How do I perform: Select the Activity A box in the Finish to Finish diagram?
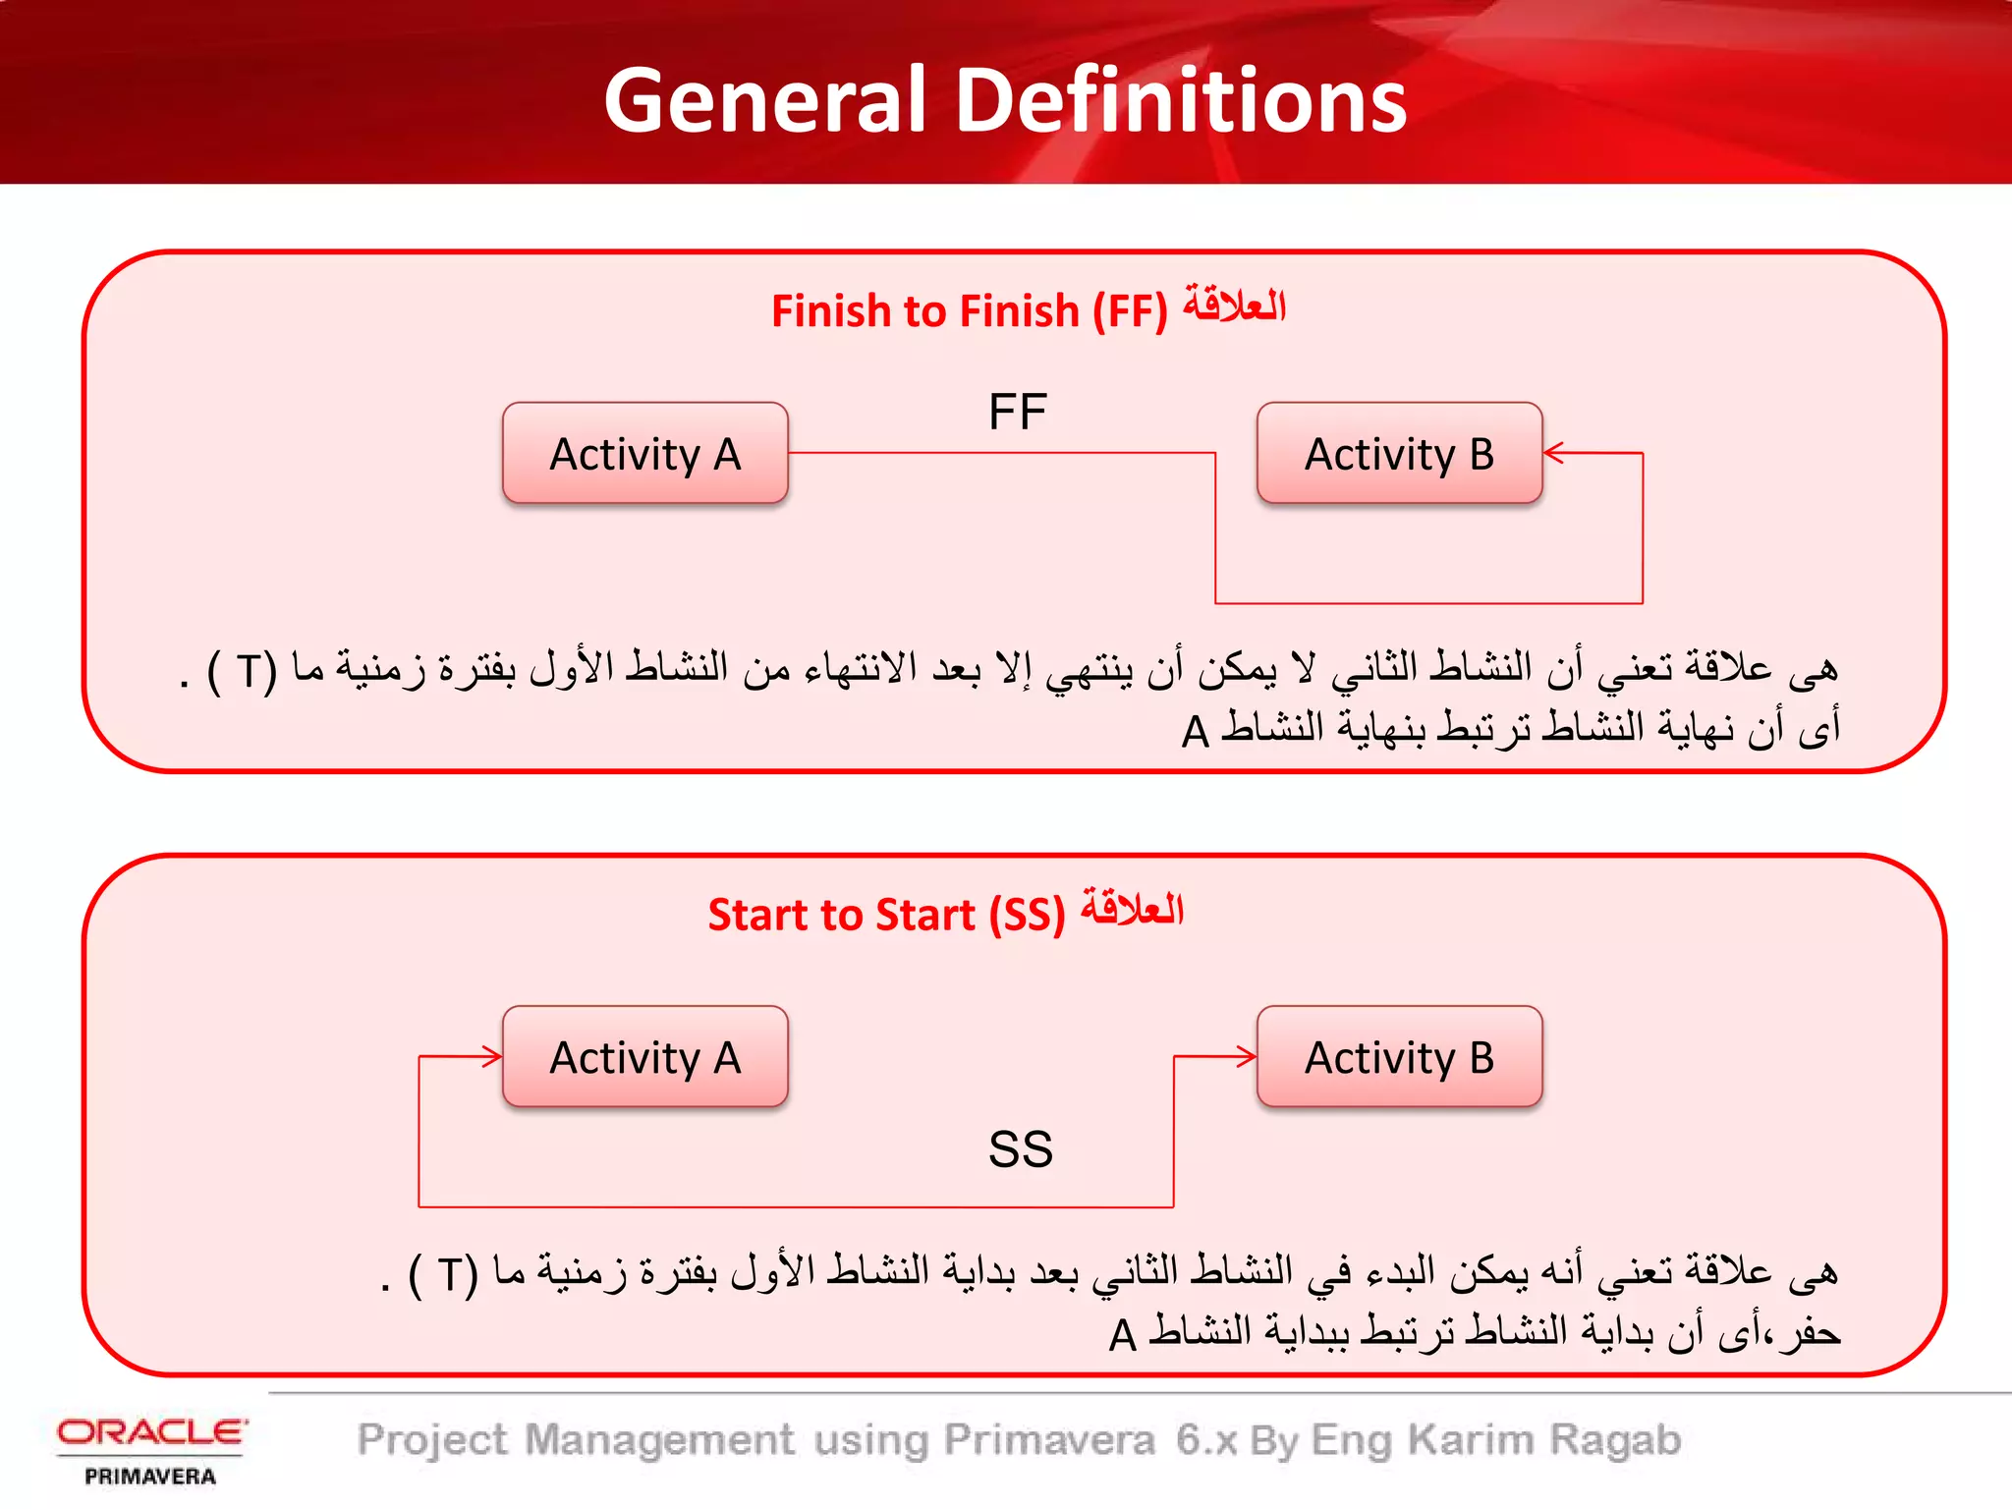644,454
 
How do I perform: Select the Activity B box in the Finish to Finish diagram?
1399,454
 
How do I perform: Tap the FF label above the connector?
1017,412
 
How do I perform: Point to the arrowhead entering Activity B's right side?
1552,453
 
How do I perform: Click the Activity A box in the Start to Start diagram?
644,1058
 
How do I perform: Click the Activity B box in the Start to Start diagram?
1399,1058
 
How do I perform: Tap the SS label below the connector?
1020,1149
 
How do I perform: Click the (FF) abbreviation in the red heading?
1130,312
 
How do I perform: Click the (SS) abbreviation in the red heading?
1027,916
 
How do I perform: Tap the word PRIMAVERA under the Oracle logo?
150,1477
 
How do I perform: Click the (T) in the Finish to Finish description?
243,672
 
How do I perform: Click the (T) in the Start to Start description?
443,1275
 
